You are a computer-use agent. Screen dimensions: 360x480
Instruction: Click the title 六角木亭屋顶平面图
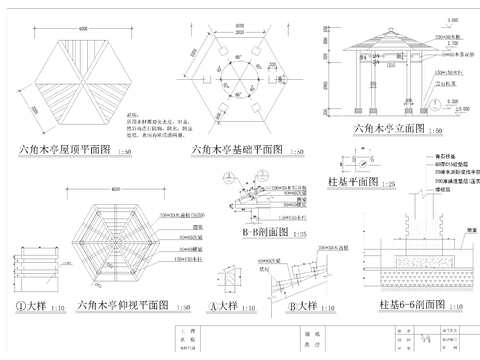click(x=61, y=150)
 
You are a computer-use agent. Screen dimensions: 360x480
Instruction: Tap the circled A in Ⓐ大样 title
click(x=214, y=305)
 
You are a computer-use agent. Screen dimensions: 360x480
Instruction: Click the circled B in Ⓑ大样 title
click(x=280, y=305)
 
